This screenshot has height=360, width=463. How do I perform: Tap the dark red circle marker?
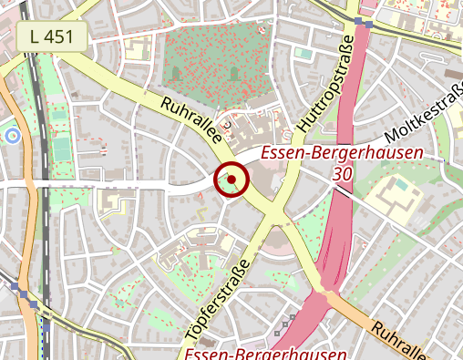coord(231,180)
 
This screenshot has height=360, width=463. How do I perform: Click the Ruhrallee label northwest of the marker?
coord(191,121)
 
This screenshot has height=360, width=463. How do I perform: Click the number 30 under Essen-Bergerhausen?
coord(343,173)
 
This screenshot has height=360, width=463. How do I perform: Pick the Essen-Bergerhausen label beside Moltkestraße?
coord(342,153)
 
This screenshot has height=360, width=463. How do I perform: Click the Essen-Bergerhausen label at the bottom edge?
coord(265,353)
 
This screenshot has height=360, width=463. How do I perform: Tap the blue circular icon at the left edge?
coord(12,137)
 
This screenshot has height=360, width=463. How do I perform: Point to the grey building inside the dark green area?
coord(235,72)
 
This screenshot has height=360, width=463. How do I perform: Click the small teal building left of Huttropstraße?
coord(303,54)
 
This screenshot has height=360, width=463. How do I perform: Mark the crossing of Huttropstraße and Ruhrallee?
coord(274,219)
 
